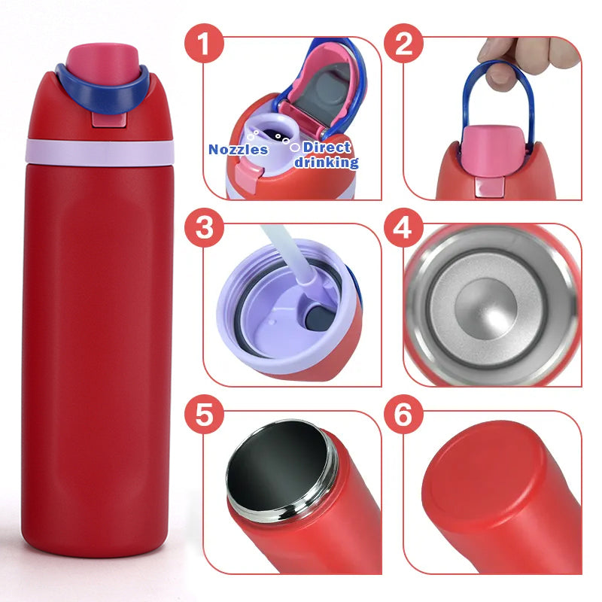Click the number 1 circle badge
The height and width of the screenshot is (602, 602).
[206, 43]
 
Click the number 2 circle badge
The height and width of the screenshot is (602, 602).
[405, 43]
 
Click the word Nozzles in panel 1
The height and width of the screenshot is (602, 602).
[238, 149]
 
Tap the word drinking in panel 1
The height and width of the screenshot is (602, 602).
[326, 162]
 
